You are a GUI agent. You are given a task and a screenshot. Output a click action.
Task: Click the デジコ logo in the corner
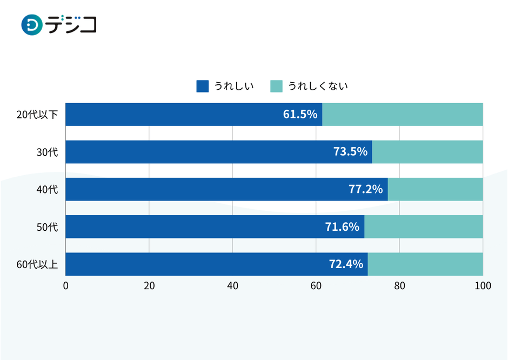[x=58, y=25]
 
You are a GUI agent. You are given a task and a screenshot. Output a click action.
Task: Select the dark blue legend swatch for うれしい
[x=202, y=86]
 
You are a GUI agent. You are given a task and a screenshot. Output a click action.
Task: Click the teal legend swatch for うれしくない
[x=276, y=86]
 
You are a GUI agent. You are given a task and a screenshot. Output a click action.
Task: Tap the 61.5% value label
[x=300, y=115]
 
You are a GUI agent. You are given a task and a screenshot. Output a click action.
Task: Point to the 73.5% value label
[x=350, y=152]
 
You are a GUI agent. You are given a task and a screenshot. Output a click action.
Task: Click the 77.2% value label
[x=365, y=189]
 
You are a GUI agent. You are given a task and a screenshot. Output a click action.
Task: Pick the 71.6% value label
[x=342, y=226]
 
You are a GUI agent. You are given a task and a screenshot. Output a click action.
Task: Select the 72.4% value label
[x=345, y=264]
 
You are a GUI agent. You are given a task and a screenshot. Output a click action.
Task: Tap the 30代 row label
[x=47, y=152]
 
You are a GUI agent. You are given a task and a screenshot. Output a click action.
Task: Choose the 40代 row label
[x=47, y=189]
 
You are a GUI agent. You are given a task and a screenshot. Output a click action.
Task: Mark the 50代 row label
[x=47, y=226]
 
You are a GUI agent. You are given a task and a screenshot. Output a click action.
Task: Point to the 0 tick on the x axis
[x=66, y=286]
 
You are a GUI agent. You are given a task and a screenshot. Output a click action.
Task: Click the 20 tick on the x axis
[x=149, y=286]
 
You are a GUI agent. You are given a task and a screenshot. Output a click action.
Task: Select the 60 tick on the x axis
[x=316, y=286]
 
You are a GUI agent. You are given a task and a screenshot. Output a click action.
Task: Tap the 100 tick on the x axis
[x=483, y=286]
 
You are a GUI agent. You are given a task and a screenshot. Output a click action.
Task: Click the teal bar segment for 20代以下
[x=403, y=115]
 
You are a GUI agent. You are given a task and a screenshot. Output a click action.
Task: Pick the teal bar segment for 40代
[x=435, y=189]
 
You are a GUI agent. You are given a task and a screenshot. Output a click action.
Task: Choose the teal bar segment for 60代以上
[x=425, y=264]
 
